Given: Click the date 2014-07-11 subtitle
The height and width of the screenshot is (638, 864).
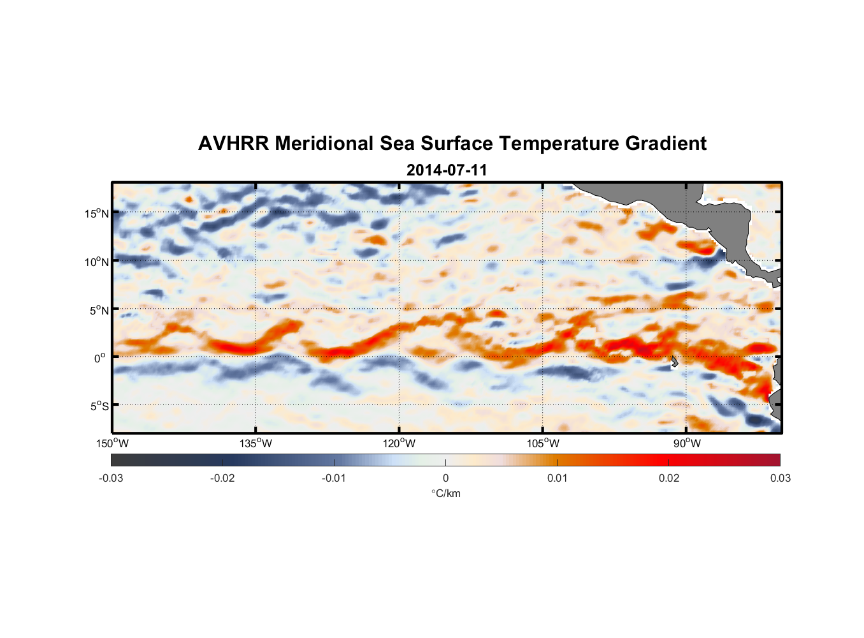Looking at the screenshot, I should [447, 170].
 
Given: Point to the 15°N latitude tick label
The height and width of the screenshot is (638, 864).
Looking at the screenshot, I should [97, 213].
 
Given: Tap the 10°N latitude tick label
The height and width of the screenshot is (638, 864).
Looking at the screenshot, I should [97, 262].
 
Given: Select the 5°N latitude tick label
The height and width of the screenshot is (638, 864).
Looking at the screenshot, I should [99, 310].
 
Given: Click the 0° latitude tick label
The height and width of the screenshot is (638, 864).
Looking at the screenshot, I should [100, 359].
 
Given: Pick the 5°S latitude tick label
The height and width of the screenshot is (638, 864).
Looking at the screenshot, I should [99, 406].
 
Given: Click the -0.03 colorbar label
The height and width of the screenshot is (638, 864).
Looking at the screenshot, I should [111, 478].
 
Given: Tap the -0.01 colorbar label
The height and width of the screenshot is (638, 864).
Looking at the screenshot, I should [334, 478].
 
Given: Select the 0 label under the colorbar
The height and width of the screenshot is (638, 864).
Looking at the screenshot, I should [445, 478].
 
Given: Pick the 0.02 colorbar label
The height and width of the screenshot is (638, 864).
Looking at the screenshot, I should [669, 478].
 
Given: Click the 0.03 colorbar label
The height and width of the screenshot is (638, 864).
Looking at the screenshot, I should [780, 478].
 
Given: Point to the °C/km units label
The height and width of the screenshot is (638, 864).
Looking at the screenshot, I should [445, 494].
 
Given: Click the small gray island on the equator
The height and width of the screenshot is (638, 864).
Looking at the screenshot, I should [674, 362].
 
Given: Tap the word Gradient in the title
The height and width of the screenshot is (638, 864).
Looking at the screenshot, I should [666, 144].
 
